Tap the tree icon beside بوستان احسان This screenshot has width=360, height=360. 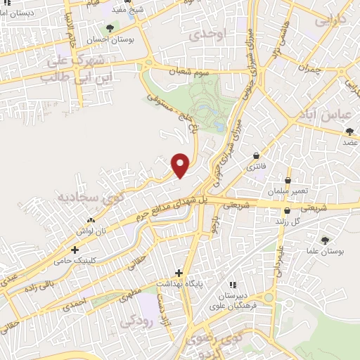(109, 28)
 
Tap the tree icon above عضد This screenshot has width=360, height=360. (349, 131)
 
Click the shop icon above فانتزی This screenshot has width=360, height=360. (255, 155)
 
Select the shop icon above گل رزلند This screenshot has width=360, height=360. (287, 210)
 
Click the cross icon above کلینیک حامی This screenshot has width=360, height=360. (75, 250)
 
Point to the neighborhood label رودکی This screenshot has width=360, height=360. (136, 322)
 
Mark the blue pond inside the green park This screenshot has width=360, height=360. (220, 127)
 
